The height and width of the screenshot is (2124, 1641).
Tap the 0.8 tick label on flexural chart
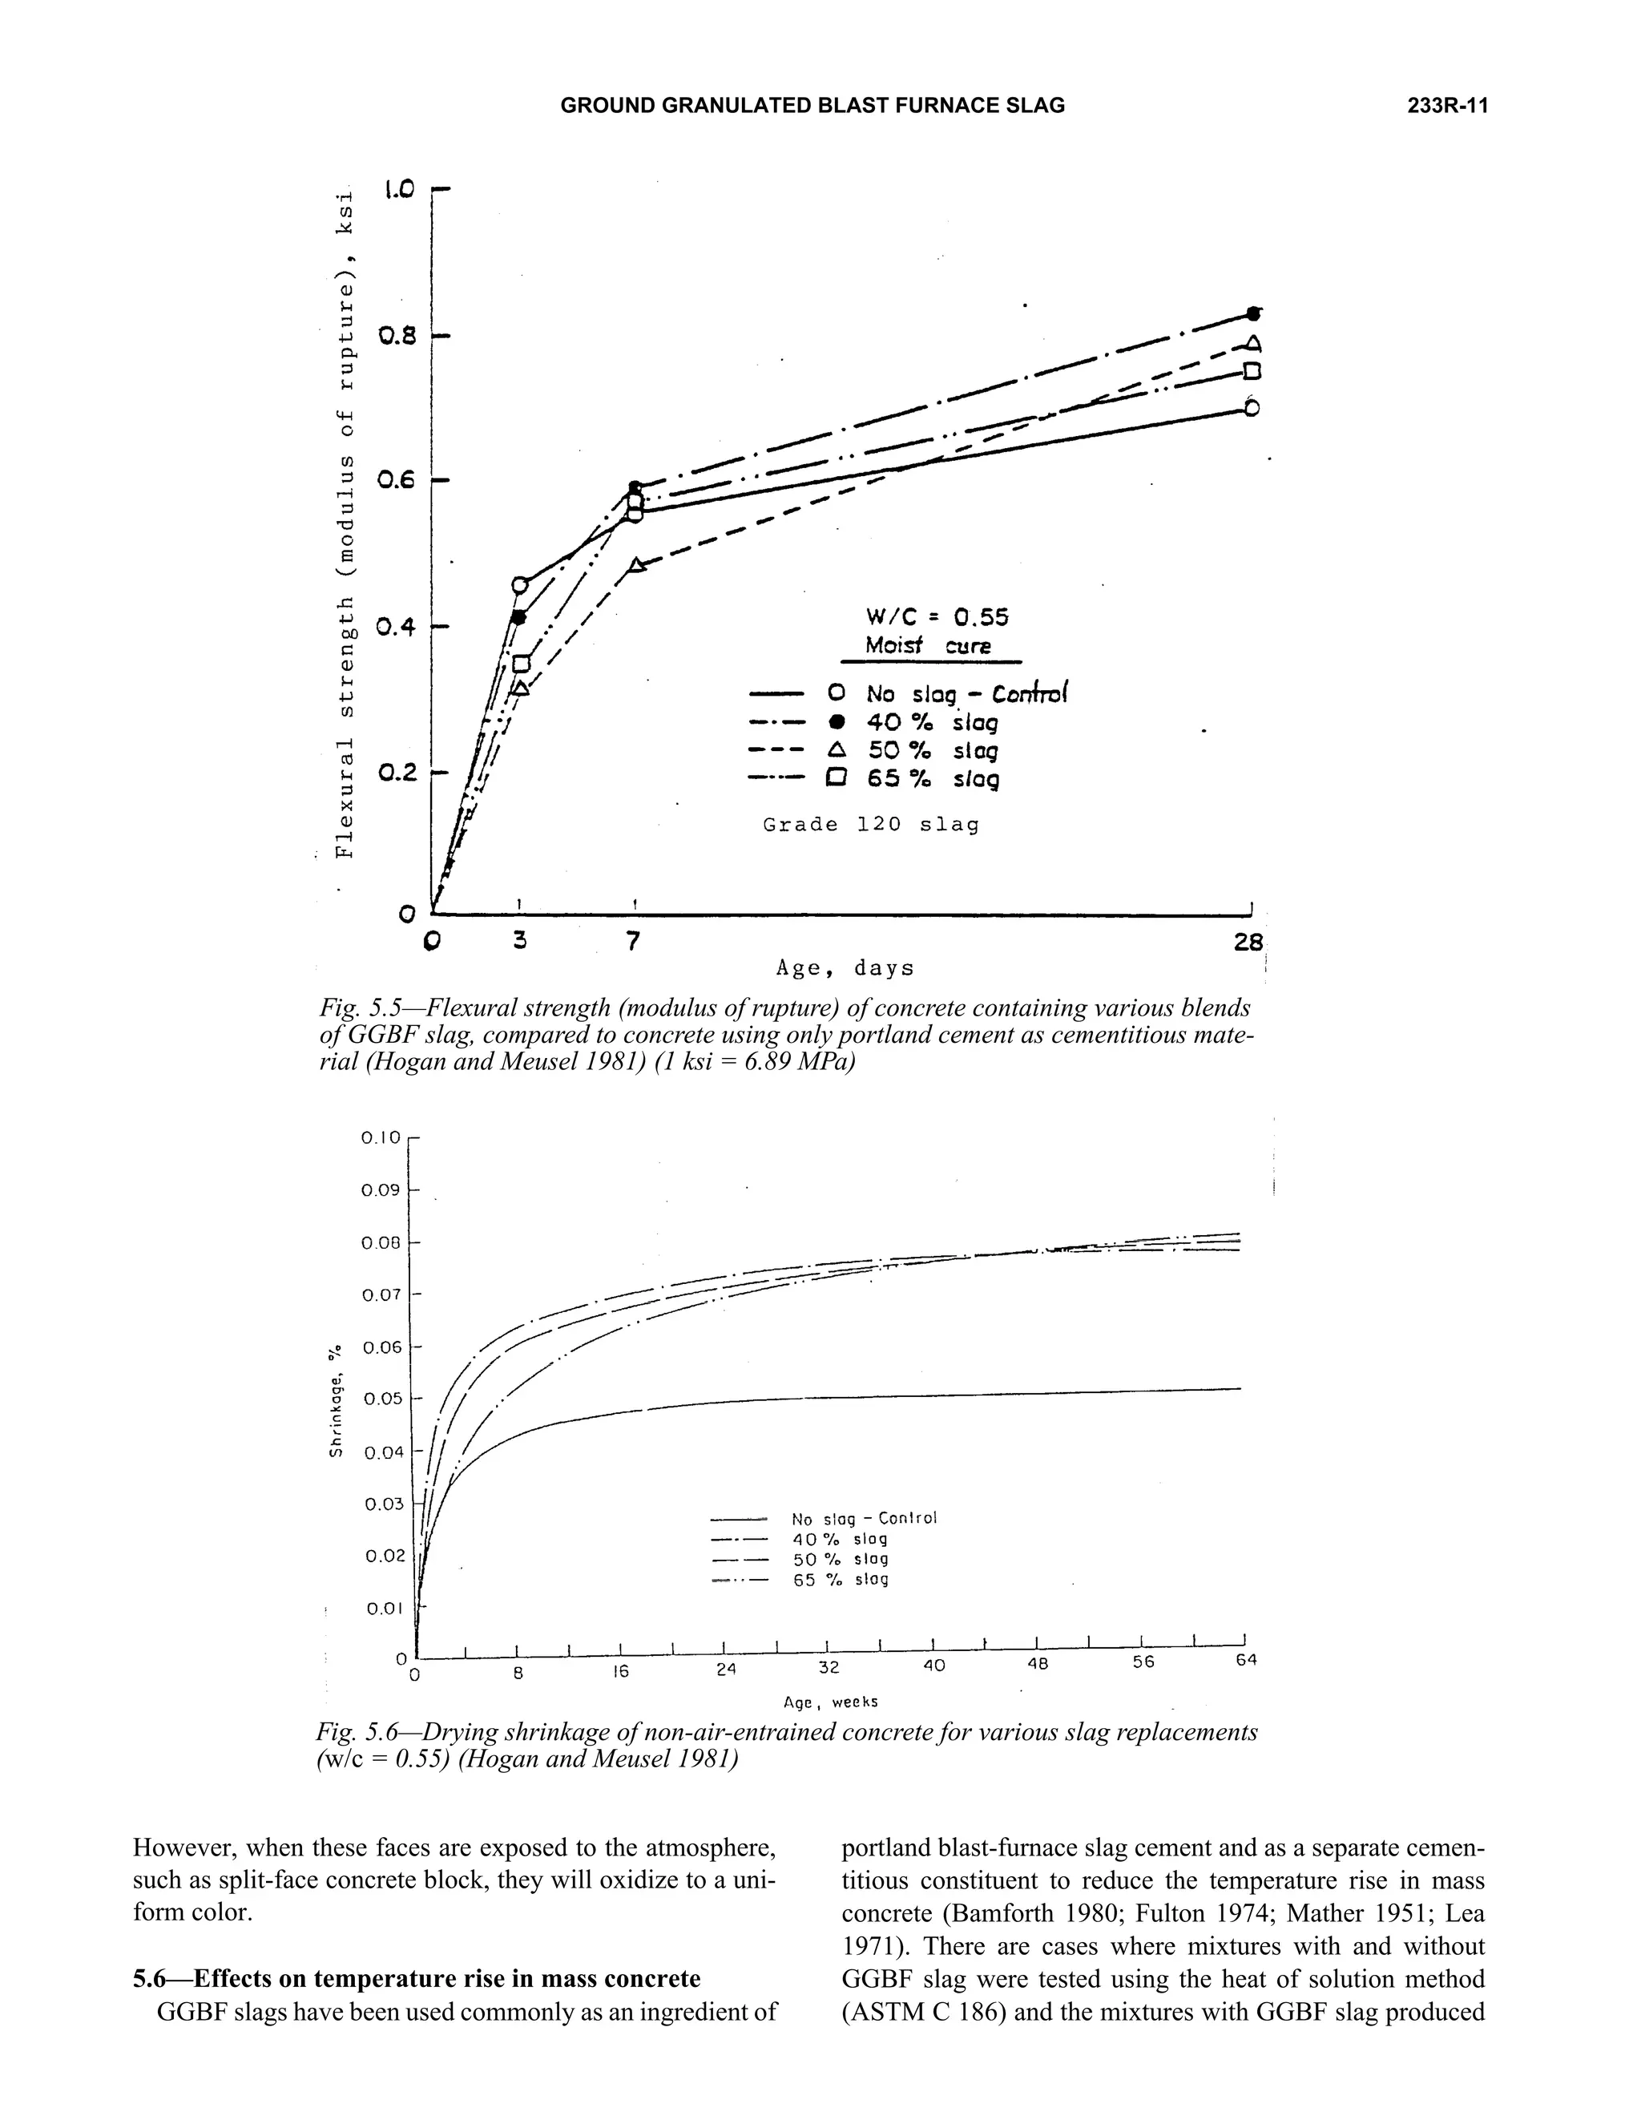click(397, 337)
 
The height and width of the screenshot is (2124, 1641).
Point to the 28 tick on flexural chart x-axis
click(1248, 942)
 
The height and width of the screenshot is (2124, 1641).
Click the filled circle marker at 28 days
click(1254, 313)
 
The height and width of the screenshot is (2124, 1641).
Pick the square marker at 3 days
click(521, 664)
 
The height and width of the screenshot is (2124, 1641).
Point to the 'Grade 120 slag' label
click(870, 825)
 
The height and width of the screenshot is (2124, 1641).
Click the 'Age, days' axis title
click(845, 969)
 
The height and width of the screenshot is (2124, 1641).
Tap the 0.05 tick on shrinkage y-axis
click(382, 1399)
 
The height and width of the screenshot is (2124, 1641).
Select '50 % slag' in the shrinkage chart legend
click(840, 1559)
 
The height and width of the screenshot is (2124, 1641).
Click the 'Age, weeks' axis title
click(830, 1702)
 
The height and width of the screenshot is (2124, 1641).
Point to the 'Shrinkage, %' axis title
click(337, 1400)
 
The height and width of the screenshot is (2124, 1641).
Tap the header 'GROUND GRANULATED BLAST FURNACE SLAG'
click(812, 106)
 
